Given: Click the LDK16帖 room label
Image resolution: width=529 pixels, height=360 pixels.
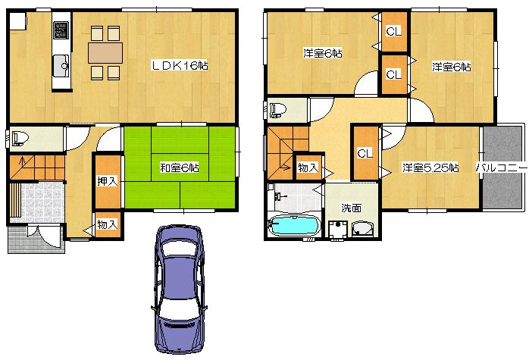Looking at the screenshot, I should (x=180, y=66).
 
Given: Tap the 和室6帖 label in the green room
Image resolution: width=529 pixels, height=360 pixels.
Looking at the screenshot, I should (x=179, y=167).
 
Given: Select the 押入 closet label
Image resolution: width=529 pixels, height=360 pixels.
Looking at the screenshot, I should (x=107, y=182).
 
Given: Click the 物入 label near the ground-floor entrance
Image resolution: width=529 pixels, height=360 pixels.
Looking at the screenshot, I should (x=107, y=224).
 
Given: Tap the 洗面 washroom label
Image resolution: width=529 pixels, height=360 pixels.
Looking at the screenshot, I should (x=350, y=207).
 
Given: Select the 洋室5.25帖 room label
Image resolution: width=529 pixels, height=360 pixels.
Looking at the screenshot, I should (x=430, y=167).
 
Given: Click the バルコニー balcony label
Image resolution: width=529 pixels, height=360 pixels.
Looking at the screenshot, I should (x=501, y=167).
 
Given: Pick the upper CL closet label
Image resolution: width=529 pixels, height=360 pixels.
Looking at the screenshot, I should (x=393, y=32).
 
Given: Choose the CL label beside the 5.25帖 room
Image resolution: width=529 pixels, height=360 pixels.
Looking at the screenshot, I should (x=365, y=153).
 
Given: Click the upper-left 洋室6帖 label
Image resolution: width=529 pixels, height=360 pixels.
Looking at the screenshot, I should (x=322, y=54).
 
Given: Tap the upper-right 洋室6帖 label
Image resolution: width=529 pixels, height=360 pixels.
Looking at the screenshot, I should (x=451, y=67).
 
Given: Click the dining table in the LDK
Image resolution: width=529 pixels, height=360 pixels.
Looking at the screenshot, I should (x=105, y=52).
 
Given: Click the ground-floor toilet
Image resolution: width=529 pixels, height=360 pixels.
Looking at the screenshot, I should (x=20, y=139).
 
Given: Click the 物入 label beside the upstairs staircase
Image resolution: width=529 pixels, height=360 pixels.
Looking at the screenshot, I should (x=308, y=167).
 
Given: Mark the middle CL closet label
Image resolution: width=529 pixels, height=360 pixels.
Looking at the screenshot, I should (x=393, y=74).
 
